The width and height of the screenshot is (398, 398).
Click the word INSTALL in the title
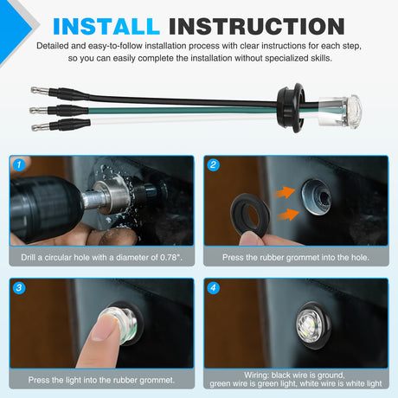tap(106, 27)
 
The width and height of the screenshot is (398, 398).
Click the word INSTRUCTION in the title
tap(257, 27)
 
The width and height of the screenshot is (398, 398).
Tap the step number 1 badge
tap(19, 164)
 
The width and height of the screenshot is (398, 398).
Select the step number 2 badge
tap(214, 164)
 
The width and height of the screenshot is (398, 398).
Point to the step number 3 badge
tap(19, 287)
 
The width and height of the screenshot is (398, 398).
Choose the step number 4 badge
tap(214, 287)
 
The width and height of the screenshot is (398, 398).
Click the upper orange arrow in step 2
tap(284, 192)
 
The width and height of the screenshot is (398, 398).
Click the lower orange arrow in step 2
tap(288, 215)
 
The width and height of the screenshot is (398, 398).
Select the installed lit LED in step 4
tap(310, 325)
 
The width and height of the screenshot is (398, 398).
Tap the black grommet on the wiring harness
tap(291, 108)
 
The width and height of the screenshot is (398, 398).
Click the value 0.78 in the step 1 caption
tap(170, 257)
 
